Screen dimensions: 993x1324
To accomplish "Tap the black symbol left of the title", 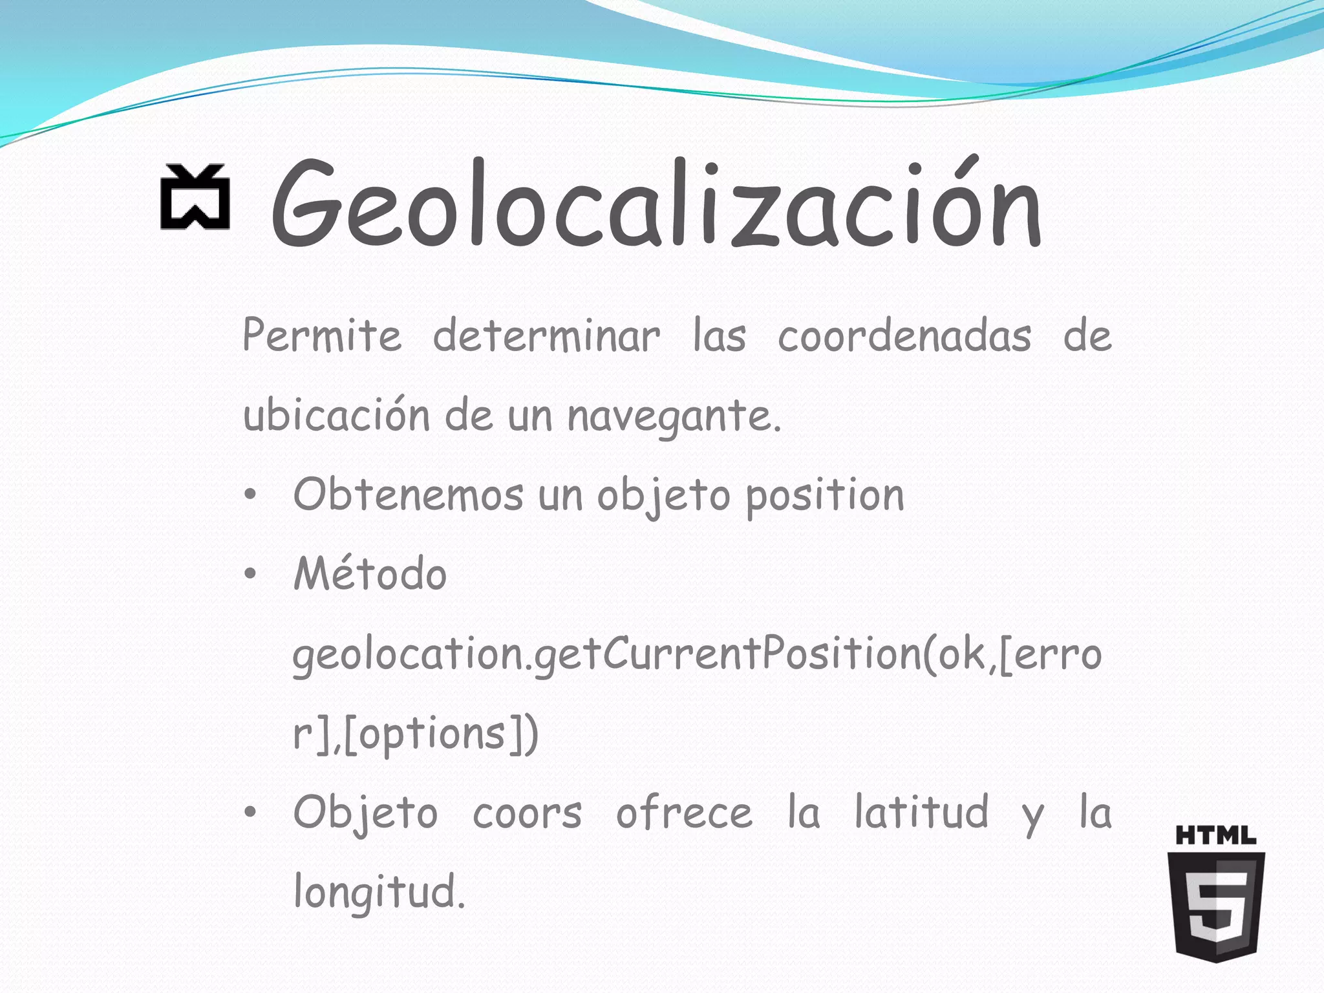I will click(195, 197).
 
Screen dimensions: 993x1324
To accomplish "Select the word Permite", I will click(322, 336).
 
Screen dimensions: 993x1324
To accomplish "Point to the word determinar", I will click(546, 336).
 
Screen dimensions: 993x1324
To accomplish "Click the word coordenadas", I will click(904, 336).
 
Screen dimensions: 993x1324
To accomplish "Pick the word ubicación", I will click(336, 415).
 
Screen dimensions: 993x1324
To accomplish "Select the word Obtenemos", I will click(408, 495).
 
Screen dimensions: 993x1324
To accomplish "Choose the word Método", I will click(370, 573).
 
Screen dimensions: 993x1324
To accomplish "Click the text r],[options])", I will click(415, 734).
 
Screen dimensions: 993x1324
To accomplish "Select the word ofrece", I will click(684, 813).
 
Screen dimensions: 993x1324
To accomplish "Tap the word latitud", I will click(921, 812).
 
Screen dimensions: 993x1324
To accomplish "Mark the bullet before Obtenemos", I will click(251, 495).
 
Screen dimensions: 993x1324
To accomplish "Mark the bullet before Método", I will click(251, 574).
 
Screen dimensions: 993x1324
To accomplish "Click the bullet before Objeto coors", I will click(251, 813).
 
